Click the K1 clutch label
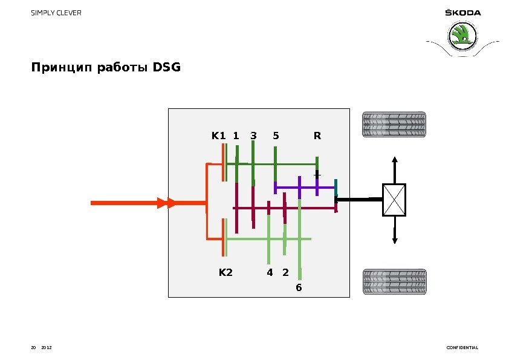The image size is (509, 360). click(x=218, y=136)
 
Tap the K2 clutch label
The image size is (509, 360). click(x=225, y=273)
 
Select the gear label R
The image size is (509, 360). click(x=317, y=136)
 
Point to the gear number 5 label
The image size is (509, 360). click(x=276, y=136)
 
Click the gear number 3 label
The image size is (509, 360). click(x=254, y=136)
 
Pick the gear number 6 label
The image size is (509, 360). click(x=299, y=287)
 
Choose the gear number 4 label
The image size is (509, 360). click(x=270, y=273)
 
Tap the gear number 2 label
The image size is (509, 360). click(x=285, y=273)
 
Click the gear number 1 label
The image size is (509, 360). click(x=236, y=136)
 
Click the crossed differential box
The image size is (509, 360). click(x=394, y=200)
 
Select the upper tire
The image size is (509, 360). click(x=394, y=124)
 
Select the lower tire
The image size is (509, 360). click(x=394, y=282)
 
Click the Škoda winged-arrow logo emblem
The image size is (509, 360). click(x=463, y=37)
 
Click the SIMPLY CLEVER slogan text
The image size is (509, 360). click(x=56, y=13)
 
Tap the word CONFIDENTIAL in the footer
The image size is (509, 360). click(x=462, y=348)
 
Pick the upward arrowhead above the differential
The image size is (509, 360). click(x=394, y=160)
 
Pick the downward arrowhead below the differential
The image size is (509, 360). click(x=394, y=240)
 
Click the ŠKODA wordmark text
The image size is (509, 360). click(x=463, y=13)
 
